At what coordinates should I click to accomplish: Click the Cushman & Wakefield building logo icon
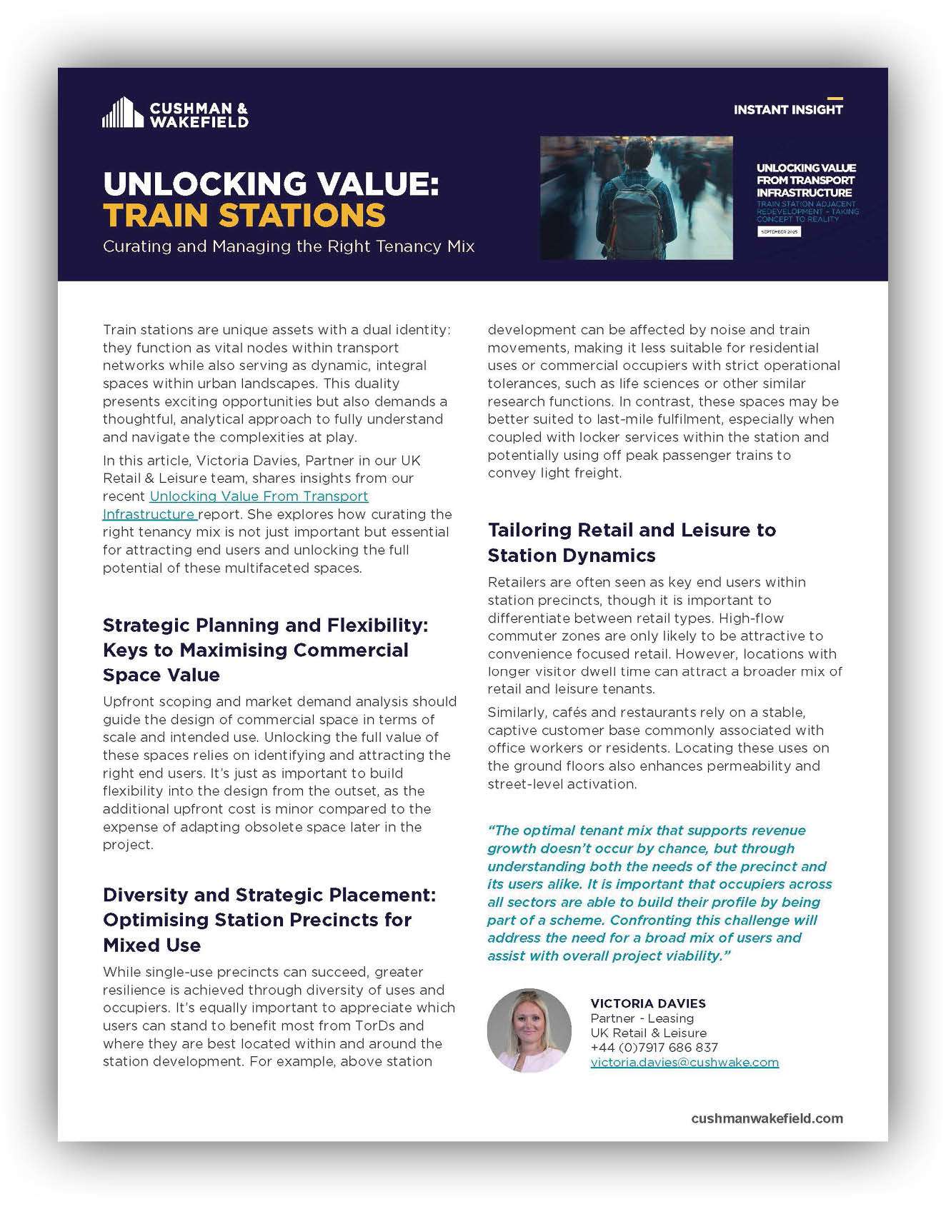tap(122, 113)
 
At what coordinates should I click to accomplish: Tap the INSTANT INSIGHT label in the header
tap(787, 110)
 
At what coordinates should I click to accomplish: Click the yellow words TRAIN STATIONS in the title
tap(244, 216)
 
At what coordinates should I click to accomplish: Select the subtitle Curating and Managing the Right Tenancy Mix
tap(289, 247)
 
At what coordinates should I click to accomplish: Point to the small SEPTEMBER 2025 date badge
tap(779, 232)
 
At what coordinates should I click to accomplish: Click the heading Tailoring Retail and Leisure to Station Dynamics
tap(632, 543)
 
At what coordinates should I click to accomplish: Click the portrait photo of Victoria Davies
tap(529, 1030)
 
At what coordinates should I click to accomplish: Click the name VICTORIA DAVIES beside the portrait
tap(648, 1003)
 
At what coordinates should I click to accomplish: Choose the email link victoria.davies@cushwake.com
tap(684, 1063)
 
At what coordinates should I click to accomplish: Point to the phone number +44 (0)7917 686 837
tap(654, 1048)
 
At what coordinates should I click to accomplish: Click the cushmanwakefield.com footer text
tap(767, 1119)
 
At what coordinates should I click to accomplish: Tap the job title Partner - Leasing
tap(642, 1018)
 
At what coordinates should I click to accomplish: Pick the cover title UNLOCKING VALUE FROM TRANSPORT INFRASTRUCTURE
tap(806, 181)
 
